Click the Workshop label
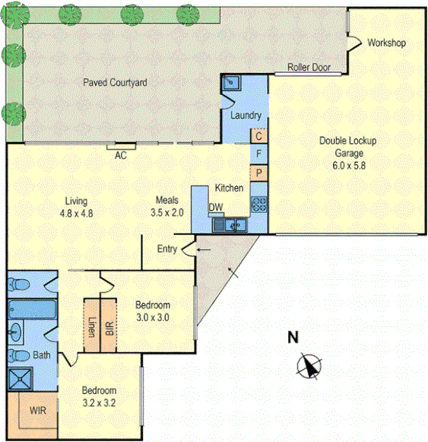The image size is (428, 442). tap(386, 43)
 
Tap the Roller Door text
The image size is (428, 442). tap(309, 68)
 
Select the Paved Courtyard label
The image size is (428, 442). tap(115, 82)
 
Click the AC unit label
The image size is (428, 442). tap(120, 155)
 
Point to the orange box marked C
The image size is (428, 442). tap(259, 136)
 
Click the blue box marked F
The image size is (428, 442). tap(259, 154)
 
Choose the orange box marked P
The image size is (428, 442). tap(259, 173)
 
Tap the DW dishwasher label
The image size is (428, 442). tap(215, 207)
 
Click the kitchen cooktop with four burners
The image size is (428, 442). tap(259, 203)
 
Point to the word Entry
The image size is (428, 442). tap(167, 249)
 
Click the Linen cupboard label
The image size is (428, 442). tap(92, 326)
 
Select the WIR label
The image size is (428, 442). tap(38, 411)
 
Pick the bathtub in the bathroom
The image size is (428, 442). tap(30, 310)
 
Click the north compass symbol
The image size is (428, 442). tap(308, 366)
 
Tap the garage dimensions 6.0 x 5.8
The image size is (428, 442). tap(348, 164)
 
